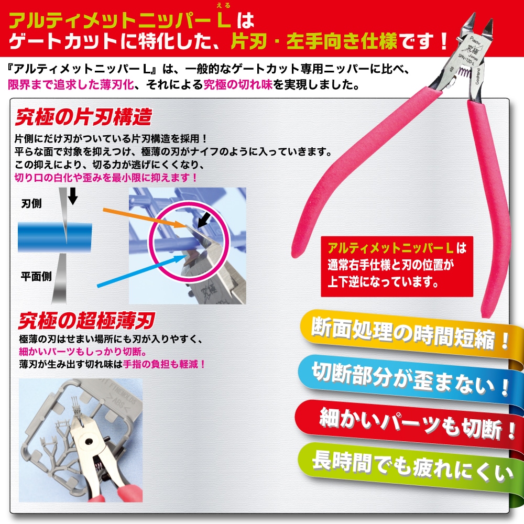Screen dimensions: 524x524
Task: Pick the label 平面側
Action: (x=36, y=277)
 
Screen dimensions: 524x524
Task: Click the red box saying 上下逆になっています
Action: (x=397, y=266)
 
